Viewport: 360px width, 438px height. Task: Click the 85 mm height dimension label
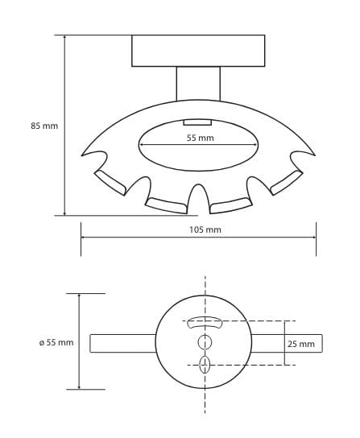point(44,126)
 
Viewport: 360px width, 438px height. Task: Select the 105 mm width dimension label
point(205,230)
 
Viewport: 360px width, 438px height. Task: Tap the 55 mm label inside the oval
point(200,138)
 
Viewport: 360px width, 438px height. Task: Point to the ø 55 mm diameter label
point(56,342)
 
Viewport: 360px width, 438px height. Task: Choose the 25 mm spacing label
point(301,344)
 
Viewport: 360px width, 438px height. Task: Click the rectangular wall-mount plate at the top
point(198,51)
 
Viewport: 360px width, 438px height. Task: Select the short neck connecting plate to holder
point(198,84)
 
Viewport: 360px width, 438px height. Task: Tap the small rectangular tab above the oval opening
point(197,122)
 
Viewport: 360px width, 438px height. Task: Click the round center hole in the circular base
point(205,342)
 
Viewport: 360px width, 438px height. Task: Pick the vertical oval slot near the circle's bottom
point(205,365)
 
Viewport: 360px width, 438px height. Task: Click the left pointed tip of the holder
point(82,155)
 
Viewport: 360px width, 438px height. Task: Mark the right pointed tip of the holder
point(315,155)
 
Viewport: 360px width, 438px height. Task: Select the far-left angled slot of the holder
point(110,183)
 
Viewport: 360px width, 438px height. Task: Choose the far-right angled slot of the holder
point(287,183)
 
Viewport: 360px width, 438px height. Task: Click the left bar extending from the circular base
point(122,343)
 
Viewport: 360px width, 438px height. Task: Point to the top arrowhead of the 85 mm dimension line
point(65,37)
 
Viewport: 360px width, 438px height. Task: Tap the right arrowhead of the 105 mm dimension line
point(314,238)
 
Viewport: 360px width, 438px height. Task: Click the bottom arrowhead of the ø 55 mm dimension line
point(80,387)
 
